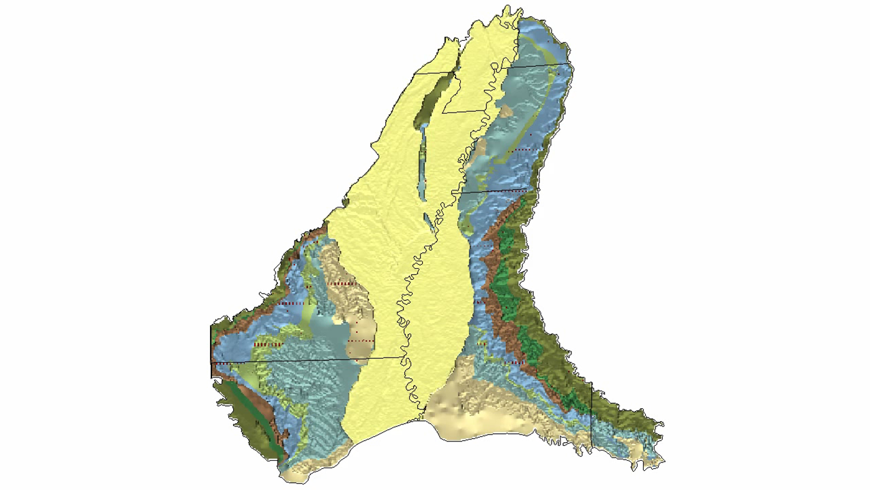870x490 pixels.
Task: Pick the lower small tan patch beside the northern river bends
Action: [480, 146]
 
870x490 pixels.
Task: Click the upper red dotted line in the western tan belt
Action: [342, 283]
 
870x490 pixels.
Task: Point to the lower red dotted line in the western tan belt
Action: [361, 340]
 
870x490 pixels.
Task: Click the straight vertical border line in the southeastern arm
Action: [591, 416]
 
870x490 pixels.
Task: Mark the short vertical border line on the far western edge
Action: [211, 351]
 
